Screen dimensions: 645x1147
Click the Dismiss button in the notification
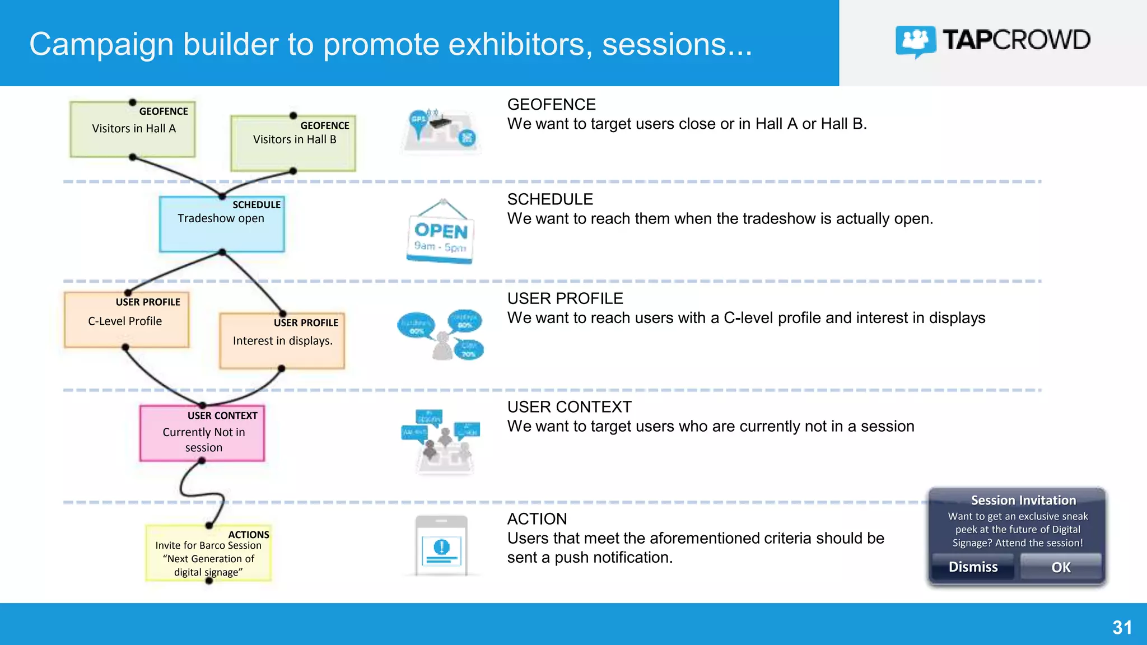(973, 567)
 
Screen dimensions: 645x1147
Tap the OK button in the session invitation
(1060, 567)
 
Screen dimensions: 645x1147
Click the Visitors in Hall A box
(133, 129)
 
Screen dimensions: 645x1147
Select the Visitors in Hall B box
(293, 143)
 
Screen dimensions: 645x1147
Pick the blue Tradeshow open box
(222, 224)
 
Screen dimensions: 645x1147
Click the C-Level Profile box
(127, 320)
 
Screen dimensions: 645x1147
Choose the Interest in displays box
(282, 341)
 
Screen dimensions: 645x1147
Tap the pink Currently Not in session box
(202, 434)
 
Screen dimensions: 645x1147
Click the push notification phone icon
(441, 545)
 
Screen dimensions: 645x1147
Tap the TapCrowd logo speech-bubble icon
(915, 41)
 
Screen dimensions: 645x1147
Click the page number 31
(1122, 628)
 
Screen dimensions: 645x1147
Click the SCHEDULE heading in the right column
(550, 199)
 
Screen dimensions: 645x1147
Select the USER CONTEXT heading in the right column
(569, 407)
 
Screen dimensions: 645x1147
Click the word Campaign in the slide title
(101, 44)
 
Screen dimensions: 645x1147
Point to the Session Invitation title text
(1023, 500)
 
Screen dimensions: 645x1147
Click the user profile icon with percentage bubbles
(441, 335)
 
